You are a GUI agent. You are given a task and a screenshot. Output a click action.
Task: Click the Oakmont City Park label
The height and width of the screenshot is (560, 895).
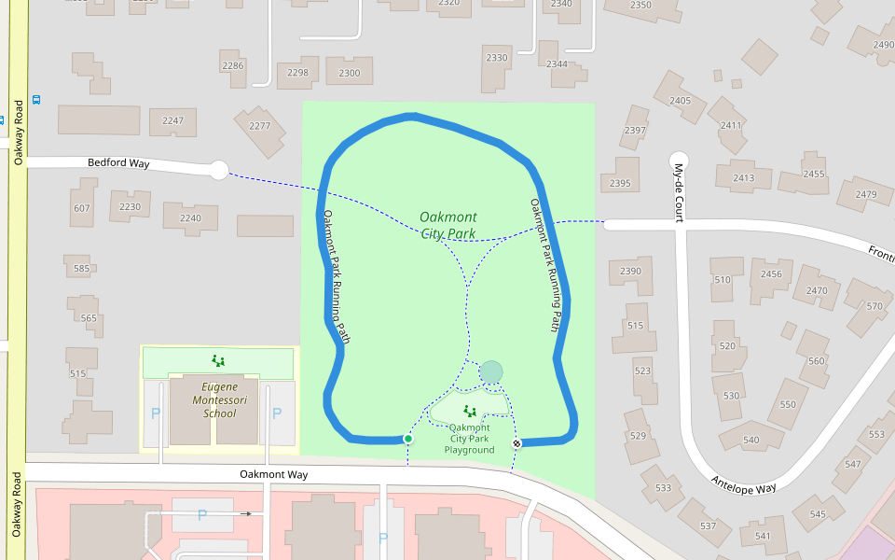point(447,225)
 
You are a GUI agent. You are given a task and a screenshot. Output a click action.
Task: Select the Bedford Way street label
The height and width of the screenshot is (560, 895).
point(118,163)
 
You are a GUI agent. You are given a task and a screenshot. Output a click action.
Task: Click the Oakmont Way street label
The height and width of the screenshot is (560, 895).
point(273,474)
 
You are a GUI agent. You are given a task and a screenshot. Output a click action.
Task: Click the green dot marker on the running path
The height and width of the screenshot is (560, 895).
point(407,439)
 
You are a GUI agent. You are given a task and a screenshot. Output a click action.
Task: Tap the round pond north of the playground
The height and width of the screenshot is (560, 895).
point(491,372)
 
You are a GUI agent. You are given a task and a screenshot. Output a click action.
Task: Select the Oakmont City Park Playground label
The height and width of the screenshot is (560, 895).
point(469,439)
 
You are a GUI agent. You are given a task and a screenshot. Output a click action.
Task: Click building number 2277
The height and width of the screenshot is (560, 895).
point(260,126)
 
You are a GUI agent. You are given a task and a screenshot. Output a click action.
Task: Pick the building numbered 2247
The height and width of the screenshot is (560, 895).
point(172,120)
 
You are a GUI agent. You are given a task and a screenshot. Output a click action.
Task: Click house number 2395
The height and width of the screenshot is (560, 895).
point(620,183)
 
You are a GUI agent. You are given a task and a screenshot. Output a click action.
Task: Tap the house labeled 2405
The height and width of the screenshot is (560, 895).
point(681,100)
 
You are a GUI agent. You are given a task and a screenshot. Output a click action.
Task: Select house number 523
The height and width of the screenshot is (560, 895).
point(642,371)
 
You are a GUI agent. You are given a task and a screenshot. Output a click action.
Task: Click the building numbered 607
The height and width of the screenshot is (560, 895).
point(82,208)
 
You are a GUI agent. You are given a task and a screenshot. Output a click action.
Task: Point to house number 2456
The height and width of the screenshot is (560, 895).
point(771,273)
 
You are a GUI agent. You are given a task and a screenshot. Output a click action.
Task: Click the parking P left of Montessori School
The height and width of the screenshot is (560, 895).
point(156,413)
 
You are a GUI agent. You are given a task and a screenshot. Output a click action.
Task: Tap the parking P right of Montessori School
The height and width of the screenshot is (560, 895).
point(276,413)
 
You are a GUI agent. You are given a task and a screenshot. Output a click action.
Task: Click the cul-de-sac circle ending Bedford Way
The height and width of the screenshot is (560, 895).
point(218,170)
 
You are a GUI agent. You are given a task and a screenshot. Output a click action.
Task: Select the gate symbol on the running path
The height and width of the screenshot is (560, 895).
point(516,443)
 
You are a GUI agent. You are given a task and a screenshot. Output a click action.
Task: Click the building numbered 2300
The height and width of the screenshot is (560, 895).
point(350,73)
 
